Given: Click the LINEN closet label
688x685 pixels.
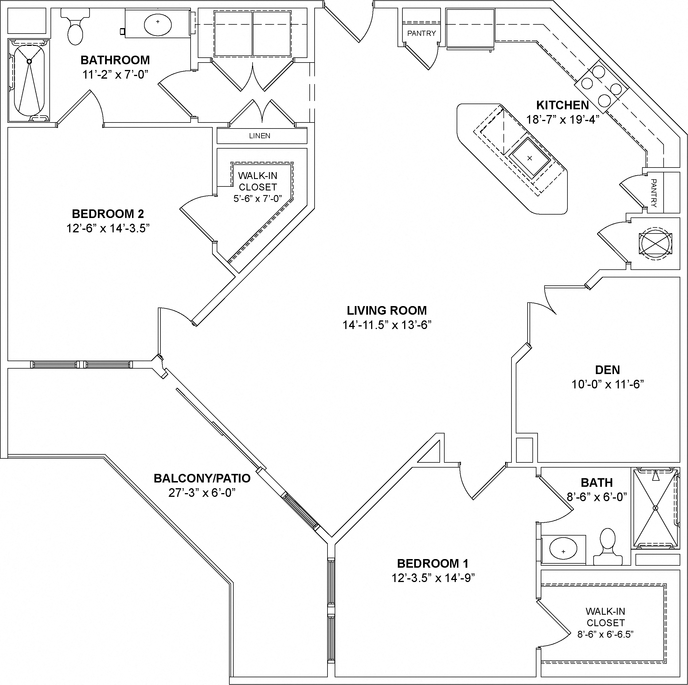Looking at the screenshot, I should pos(259,136).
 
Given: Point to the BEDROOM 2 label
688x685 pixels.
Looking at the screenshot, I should pos(108,214).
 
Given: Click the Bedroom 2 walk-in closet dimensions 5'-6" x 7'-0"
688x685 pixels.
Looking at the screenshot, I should pos(257,199).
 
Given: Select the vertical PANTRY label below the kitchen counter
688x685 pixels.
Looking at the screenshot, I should pos(654,193).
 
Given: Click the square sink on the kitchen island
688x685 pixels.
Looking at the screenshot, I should pos(530,158).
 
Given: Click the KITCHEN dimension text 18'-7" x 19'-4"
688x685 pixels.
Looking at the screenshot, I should pos(563,120).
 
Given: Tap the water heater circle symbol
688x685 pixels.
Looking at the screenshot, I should pos(656,243).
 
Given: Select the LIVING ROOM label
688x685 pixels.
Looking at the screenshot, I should pos(387,311).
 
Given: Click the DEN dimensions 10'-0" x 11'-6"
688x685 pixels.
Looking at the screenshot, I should pos(608,384).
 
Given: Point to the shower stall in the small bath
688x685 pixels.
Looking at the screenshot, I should pos(655,508).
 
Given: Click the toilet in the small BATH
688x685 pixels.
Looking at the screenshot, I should pos(608,547).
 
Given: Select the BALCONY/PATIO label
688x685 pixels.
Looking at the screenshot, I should pos(202,478).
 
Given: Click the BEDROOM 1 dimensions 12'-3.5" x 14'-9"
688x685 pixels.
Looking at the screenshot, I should pos(433,578).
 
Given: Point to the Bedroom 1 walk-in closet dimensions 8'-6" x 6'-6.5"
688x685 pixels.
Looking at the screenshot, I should pos(605,634).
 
